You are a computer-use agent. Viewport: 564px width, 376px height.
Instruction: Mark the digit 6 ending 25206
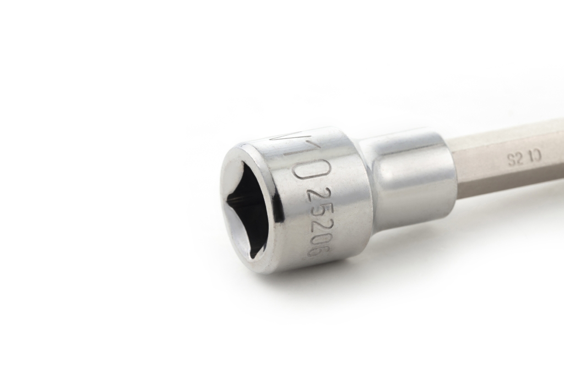point(317,249)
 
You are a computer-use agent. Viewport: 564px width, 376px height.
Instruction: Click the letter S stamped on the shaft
point(511,160)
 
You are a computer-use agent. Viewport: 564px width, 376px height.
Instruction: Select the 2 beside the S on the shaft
point(519,159)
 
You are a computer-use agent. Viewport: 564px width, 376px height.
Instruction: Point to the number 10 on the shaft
point(535,156)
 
